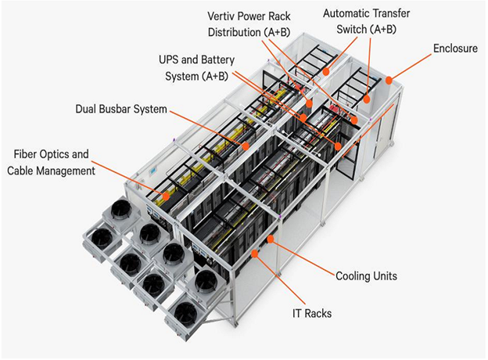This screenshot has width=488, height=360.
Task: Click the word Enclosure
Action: [x=456, y=49]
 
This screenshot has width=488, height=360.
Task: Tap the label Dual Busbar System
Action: [x=121, y=109]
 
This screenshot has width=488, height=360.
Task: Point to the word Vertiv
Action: [x=224, y=16]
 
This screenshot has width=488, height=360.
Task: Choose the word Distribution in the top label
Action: [x=234, y=32]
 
